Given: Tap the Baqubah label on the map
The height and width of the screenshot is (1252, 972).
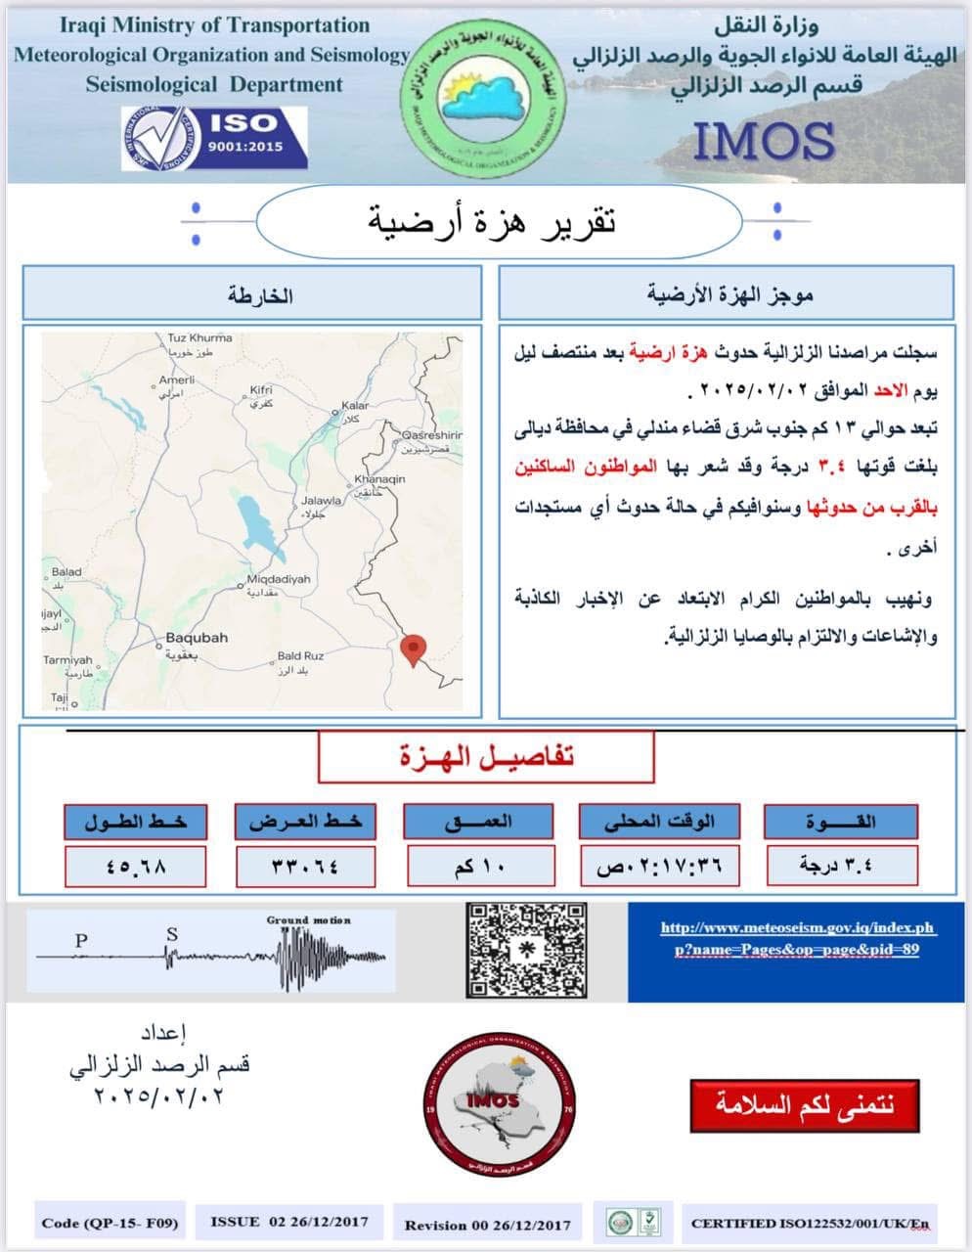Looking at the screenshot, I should click(197, 638).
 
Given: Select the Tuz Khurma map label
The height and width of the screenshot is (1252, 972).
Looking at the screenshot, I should click(199, 338).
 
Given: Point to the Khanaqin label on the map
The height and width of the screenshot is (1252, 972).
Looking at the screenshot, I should click(379, 479).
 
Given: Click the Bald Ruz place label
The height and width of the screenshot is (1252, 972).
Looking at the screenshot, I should click(300, 655).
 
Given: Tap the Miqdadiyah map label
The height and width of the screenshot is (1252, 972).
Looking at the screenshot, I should click(278, 579).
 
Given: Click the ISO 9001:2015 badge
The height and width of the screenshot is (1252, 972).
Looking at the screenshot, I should click(214, 137).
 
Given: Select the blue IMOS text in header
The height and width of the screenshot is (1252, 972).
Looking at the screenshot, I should click(764, 141).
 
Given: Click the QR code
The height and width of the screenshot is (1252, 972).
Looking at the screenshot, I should click(527, 951).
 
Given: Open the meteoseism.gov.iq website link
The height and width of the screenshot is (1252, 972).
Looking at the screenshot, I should click(797, 938).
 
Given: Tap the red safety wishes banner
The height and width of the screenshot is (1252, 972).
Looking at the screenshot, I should click(805, 1105).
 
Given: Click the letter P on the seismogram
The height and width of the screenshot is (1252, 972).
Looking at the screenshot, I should click(81, 940).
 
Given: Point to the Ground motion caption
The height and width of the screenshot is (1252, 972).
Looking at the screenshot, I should click(308, 920).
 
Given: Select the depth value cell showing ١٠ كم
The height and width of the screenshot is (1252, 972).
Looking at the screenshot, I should click(480, 866).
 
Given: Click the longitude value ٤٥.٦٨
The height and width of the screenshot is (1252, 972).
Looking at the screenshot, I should click(135, 866).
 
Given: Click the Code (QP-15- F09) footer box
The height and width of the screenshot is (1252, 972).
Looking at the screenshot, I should click(110, 1222).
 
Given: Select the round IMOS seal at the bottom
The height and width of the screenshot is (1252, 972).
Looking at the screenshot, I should click(499, 1106).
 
